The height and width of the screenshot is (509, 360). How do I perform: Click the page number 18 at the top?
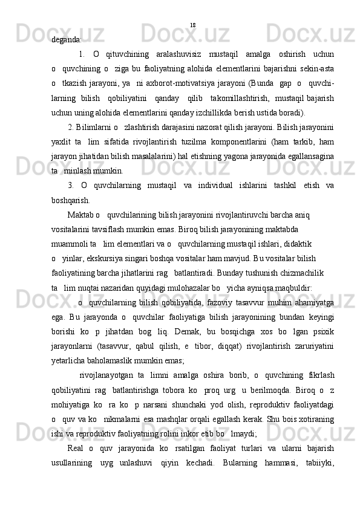192,25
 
